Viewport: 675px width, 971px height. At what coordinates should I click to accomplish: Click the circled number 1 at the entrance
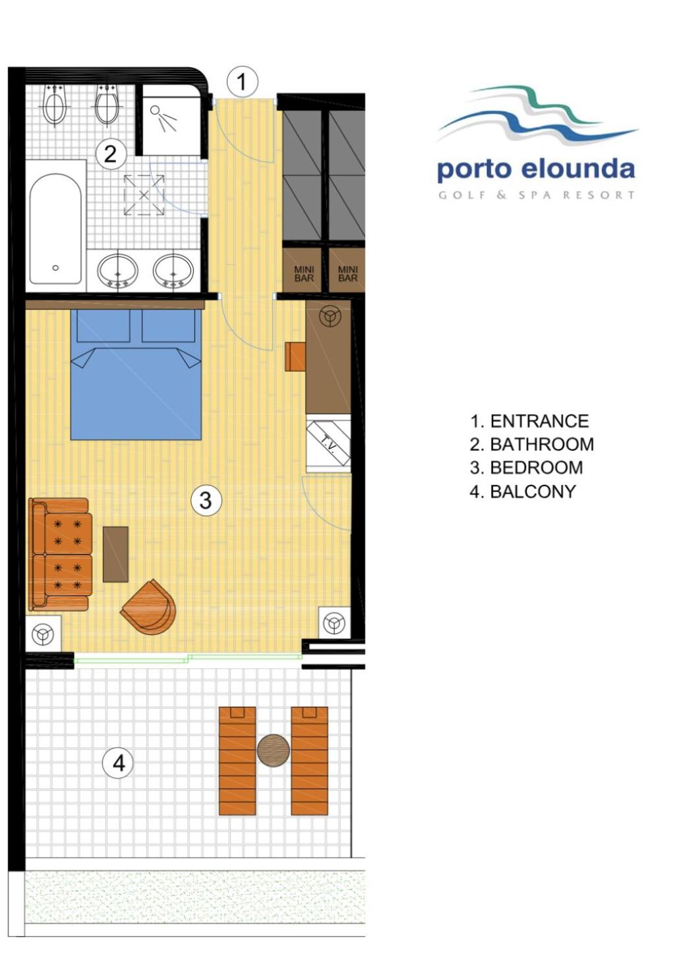click(x=242, y=82)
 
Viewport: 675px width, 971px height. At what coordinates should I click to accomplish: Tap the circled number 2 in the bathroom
click(x=110, y=153)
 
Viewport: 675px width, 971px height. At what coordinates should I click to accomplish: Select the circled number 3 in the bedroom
click(x=206, y=500)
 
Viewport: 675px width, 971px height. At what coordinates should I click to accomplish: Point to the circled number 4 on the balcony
click(x=119, y=763)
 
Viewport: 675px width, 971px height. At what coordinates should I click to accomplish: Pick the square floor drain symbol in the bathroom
click(x=144, y=195)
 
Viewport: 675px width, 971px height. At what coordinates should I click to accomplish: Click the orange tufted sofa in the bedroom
click(x=60, y=554)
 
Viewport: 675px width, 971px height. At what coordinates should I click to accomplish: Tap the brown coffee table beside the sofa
click(x=115, y=554)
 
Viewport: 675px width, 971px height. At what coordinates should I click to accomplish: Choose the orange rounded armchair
click(x=150, y=607)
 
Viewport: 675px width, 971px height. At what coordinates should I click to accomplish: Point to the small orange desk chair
click(x=295, y=356)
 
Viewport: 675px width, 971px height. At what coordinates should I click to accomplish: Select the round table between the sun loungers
click(x=273, y=750)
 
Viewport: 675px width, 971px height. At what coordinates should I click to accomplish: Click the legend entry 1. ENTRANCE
click(x=529, y=421)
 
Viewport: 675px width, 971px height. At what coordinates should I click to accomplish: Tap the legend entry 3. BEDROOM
click(x=526, y=468)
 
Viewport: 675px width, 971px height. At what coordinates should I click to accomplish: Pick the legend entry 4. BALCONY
click(x=523, y=491)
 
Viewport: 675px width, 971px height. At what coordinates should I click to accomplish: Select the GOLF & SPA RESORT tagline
click(x=537, y=195)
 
